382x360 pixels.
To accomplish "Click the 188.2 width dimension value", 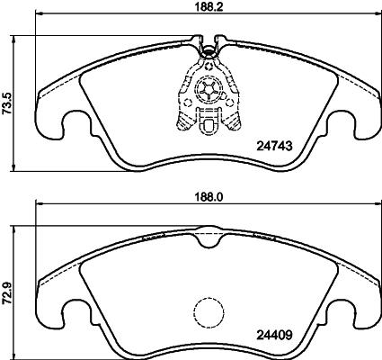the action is point(209,7).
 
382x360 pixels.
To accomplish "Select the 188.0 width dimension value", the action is point(209,197).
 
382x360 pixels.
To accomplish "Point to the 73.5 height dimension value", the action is point(6,103).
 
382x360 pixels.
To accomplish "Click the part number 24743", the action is point(274,146).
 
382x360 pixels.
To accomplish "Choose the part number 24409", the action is point(274,335).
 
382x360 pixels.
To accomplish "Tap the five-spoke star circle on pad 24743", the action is point(209,90).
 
